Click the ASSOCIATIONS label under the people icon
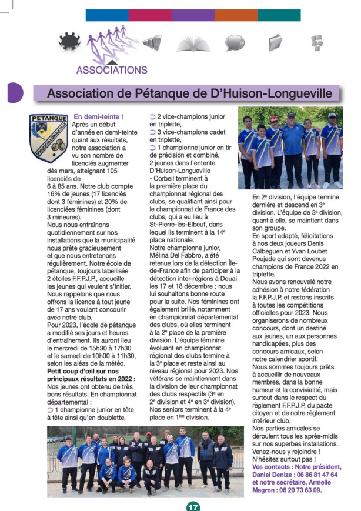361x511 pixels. click(x=112, y=70)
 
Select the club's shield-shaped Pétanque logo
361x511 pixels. click(x=49, y=138)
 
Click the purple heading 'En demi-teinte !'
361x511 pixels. click(x=98, y=117)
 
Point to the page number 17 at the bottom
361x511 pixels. click(x=193, y=506)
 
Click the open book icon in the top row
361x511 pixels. click(x=193, y=43)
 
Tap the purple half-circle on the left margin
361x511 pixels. click(x=14, y=93)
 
